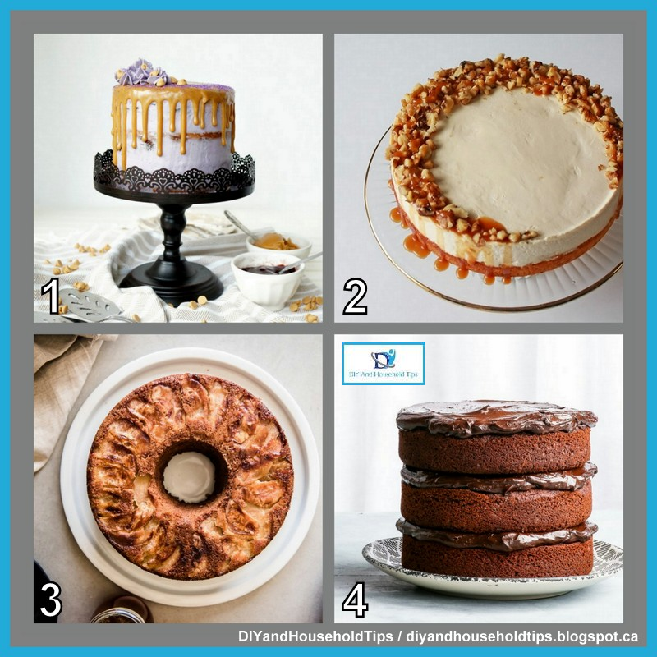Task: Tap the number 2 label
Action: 355,296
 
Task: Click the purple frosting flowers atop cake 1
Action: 141,74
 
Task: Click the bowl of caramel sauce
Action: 279,243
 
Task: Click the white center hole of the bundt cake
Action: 189,476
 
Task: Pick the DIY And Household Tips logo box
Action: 383,364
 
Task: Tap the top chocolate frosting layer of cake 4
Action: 496,417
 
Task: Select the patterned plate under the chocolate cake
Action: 493,575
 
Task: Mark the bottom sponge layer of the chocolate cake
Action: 496,558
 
